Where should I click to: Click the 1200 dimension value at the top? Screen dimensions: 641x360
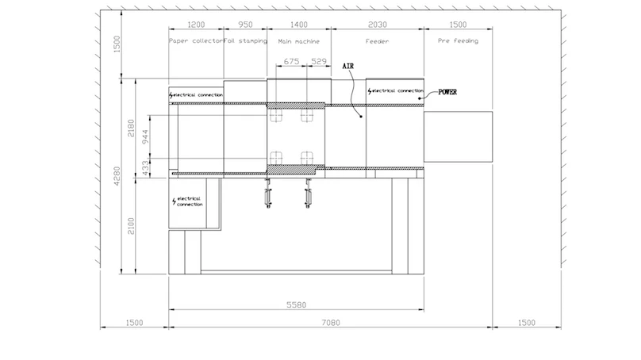pos(196,25)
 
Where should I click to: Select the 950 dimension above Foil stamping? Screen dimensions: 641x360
pos(245,25)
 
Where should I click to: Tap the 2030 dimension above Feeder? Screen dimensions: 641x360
pos(378,25)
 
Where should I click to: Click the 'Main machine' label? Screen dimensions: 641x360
pos(299,41)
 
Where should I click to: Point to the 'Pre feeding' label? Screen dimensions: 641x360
pos(458,41)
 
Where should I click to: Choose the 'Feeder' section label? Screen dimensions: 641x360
pos(377,41)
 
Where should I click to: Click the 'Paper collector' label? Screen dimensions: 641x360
pos(196,41)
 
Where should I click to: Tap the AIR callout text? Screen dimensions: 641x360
pos(348,66)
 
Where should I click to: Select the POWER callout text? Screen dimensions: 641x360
pos(447,92)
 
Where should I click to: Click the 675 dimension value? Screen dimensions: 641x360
pos(291,61)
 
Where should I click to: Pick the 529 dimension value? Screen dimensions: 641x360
pos(319,61)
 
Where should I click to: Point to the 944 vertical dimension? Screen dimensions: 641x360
pos(145,136)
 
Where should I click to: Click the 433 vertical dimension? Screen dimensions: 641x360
pos(145,168)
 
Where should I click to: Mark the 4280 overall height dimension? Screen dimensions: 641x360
pos(117,176)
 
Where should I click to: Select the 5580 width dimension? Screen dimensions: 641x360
pos(297,304)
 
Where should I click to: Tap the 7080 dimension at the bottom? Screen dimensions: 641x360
pos(331,323)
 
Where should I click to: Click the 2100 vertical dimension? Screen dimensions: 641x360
pos(131,226)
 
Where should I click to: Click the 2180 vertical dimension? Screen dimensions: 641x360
pos(131,128)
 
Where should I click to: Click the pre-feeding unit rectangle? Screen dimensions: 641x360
pos(458,136)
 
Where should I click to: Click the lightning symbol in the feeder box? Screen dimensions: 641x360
pos(370,91)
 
